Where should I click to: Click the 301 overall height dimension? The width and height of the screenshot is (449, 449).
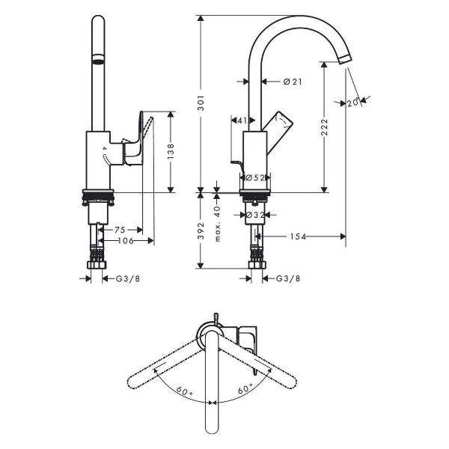click(x=201, y=103)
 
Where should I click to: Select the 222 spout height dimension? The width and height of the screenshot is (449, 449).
click(x=324, y=127)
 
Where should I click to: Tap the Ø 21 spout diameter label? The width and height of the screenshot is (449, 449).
click(x=293, y=82)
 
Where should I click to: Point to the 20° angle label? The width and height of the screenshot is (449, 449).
click(x=353, y=103)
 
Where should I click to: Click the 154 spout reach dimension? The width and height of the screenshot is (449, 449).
click(x=298, y=236)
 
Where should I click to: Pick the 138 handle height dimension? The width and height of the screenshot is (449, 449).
click(x=171, y=152)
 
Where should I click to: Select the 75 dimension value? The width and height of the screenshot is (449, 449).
click(x=120, y=230)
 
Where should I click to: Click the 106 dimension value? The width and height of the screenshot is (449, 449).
click(x=126, y=241)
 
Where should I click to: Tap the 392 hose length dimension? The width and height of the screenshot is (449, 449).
click(x=201, y=230)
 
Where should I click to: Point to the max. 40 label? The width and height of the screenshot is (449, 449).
click(x=218, y=224)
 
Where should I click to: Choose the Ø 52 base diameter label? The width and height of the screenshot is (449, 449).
click(x=255, y=178)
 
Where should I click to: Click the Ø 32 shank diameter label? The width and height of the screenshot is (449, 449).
click(x=255, y=215)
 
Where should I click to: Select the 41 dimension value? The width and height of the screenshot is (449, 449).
click(x=242, y=120)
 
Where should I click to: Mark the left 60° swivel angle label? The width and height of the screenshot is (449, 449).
click(x=184, y=391)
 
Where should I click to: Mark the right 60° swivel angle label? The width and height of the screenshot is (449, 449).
click(x=245, y=389)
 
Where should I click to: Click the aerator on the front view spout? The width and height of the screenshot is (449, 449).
click(x=98, y=58)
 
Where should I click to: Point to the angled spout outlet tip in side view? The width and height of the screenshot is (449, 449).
click(x=344, y=59)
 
